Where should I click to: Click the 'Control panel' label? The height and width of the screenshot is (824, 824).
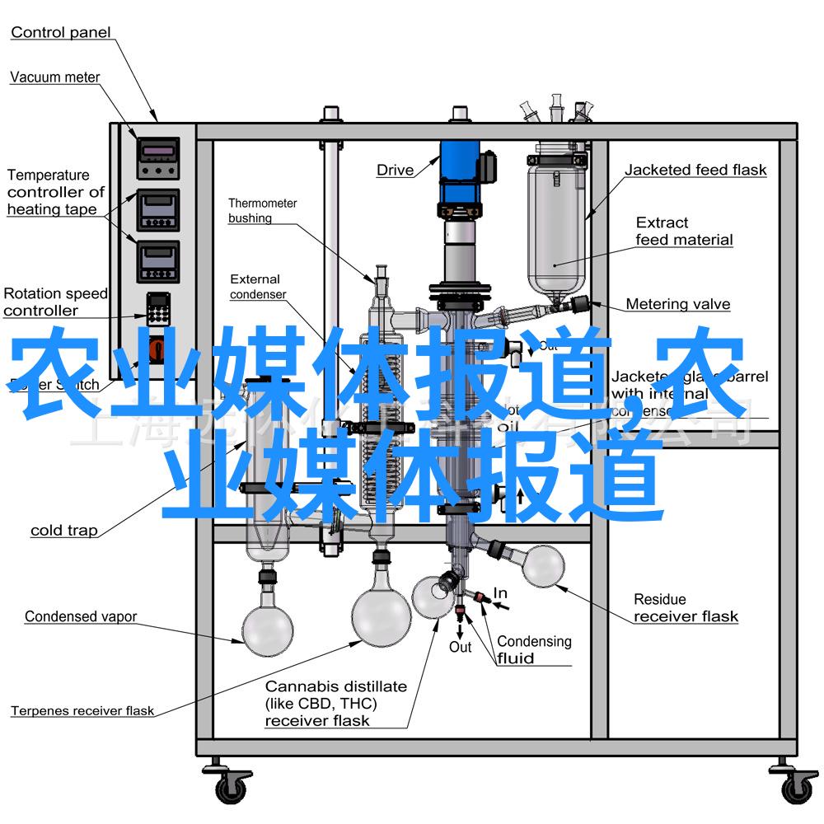click(x=60, y=33)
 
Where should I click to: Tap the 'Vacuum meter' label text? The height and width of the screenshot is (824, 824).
click(x=54, y=77)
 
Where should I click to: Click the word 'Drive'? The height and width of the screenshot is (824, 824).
click(x=395, y=171)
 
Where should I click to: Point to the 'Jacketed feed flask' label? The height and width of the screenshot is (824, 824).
click(x=695, y=171)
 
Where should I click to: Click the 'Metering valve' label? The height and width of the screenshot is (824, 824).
click(x=677, y=304)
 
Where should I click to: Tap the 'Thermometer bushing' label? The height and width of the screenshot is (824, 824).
click(x=262, y=210)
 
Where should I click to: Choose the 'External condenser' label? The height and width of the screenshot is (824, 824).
click(x=257, y=287)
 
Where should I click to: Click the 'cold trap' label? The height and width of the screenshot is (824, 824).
click(x=63, y=531)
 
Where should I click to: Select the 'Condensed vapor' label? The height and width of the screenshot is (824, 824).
click(x=80, y=616)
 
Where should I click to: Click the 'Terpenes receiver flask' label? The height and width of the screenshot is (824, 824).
click(x=82, y=710)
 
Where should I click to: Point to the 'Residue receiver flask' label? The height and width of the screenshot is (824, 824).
click(x=686, y=608)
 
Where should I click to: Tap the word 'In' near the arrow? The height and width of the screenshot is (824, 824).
click(x=500, y=593)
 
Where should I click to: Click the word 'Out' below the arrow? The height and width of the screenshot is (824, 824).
click(x=460, y=647)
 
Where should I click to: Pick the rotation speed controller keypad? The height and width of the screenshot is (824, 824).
click(x=157, y=309)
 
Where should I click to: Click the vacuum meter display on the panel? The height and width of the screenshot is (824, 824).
click(x=157, y=150)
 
